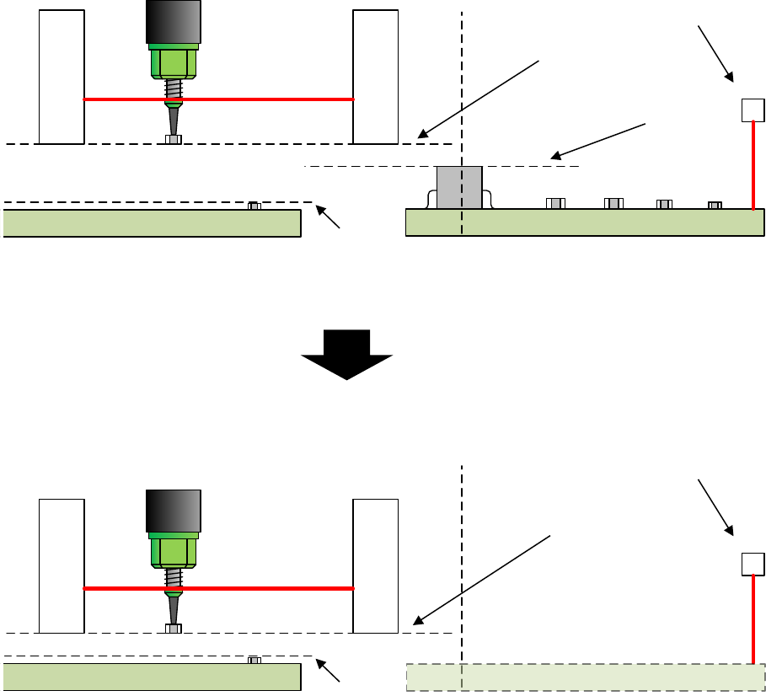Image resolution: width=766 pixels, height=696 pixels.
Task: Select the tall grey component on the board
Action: tap(459, 187)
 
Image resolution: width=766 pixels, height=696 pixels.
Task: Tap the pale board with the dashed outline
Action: tap(585, 677)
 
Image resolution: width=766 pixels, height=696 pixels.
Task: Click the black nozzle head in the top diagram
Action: tap(173, 21)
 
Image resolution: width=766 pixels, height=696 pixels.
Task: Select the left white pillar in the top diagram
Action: tap(62, 77)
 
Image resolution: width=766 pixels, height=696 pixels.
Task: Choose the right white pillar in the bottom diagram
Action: tap(375, 565)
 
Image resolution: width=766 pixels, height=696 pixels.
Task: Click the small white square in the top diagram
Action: tap(752, 110)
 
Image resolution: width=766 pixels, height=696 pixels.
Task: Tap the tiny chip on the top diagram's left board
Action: tap(254, 206)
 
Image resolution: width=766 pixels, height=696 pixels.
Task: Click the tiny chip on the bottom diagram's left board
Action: tap(254, 660)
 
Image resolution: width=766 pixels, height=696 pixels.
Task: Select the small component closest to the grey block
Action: tap(554, 203)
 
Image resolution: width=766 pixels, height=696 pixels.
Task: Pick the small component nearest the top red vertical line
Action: tap(715, 205)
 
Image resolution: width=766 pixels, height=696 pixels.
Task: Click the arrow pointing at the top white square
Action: tap(715, 54)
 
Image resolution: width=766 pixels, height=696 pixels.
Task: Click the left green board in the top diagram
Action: tap(152, 223)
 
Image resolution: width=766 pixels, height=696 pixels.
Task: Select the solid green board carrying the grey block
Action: tap(585, 222)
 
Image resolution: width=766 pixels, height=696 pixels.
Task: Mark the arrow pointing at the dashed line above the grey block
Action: tap(598, 140)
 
